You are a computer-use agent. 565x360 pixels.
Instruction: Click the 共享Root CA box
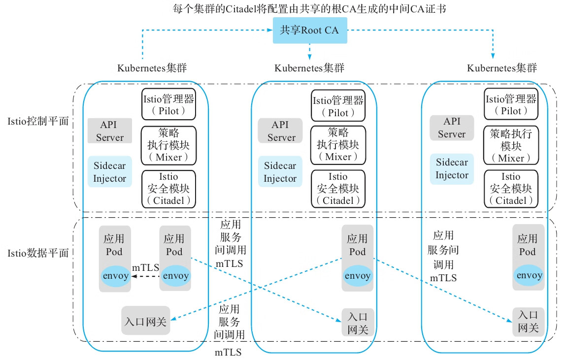tap(309, 30)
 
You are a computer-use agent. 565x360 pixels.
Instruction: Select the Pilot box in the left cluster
tap(168, 104)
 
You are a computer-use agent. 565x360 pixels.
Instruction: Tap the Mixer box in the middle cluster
tap(338, 145)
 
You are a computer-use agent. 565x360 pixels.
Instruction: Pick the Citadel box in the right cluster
tap(511, 188)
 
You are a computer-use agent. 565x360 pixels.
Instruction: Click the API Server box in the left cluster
tap(110, 131)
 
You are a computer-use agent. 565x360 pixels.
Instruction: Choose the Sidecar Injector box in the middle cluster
tap(280, 172)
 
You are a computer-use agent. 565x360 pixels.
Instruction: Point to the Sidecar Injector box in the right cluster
tap(452, 169)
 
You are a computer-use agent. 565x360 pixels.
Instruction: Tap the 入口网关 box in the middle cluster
tap(358, 323)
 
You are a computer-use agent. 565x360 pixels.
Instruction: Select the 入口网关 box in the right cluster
tap(529, 322)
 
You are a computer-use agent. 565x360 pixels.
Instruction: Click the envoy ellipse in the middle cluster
tap(358, 276)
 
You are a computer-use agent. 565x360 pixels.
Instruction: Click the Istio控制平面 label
tap(38, 121)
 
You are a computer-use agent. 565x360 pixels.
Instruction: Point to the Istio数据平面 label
tap(38, 254)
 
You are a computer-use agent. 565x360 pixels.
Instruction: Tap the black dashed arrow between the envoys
tap(145, 276)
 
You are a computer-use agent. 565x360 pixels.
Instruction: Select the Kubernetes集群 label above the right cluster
tap(501, 68)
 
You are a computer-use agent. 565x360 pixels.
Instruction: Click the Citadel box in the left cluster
tap(168, 188)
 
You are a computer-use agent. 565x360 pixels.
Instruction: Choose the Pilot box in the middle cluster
tap(338, 106)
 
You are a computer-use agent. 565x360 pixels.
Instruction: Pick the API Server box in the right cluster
tap(452, 128)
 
